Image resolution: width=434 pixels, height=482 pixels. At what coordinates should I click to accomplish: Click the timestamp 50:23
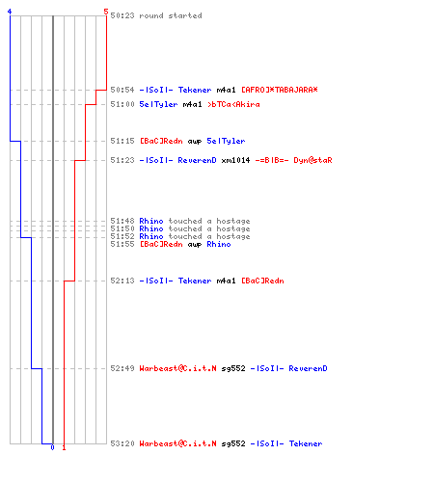coord(122,15)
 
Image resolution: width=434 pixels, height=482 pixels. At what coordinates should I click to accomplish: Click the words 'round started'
coord(171,15)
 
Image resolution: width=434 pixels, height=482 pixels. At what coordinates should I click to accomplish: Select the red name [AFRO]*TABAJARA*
coord(280,90)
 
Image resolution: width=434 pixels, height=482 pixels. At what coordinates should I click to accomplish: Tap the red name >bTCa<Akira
coord(233,104)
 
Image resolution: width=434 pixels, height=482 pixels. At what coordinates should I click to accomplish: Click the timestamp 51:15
coord(122,141)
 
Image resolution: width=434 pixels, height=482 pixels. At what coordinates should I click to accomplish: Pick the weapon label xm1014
coord(235,160)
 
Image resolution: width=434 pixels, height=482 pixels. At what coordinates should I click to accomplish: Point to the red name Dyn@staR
coord(312,160)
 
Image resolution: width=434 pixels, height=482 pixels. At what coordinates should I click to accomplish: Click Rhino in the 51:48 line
coord(151,221)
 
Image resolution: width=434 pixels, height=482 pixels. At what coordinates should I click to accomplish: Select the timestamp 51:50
coord(122,228)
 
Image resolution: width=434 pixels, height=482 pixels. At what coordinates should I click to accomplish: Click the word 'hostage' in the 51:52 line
coord(233,236)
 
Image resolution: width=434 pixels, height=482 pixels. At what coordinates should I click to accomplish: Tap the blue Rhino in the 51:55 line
coord(219,244)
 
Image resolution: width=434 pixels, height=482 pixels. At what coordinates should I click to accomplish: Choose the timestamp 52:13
coord(122,281)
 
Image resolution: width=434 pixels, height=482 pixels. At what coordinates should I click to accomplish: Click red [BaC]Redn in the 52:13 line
coord(262,281)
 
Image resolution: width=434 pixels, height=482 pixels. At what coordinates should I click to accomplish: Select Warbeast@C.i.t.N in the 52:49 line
coord(177,368)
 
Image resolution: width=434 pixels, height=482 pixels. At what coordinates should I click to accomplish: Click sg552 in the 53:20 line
coord(233,443)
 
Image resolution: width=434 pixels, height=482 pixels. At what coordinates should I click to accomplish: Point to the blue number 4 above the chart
coord(10,12)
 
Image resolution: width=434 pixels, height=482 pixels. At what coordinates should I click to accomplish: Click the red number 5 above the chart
coord(106,12)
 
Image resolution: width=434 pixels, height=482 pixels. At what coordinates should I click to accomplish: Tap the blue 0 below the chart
coord(52,447)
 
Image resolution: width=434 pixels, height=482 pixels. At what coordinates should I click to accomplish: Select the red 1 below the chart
coord(64,447)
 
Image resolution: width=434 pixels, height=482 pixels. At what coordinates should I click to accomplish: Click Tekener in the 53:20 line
coord(306,443)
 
